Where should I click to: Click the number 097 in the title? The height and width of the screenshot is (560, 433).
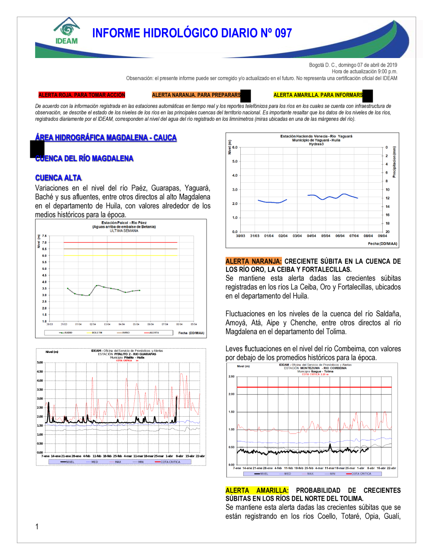coord(283,33)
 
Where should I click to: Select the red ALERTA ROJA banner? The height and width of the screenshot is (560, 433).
coord(81,95)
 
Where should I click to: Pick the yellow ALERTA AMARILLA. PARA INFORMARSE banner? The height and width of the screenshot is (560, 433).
coord(318,95)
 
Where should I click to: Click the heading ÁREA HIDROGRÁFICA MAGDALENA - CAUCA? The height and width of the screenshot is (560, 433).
coord(106,138)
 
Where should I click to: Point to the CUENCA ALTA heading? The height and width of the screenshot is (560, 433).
coord(58,178)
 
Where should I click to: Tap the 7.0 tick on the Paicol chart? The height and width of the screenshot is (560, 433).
coord(44,243)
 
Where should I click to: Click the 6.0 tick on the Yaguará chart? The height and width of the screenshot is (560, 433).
coord(235,147)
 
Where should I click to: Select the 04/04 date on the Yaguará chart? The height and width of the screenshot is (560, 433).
coord(311,236)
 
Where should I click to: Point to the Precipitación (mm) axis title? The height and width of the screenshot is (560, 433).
coord(394,162)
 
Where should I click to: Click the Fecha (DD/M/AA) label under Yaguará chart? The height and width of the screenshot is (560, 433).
coord(382,244)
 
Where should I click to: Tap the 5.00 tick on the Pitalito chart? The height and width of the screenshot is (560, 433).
coord(40,363)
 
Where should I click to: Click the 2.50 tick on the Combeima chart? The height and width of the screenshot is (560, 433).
coord(231,377)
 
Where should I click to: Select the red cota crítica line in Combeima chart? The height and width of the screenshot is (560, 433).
coord(314,387)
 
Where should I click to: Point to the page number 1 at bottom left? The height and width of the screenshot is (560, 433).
coord(37,527)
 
